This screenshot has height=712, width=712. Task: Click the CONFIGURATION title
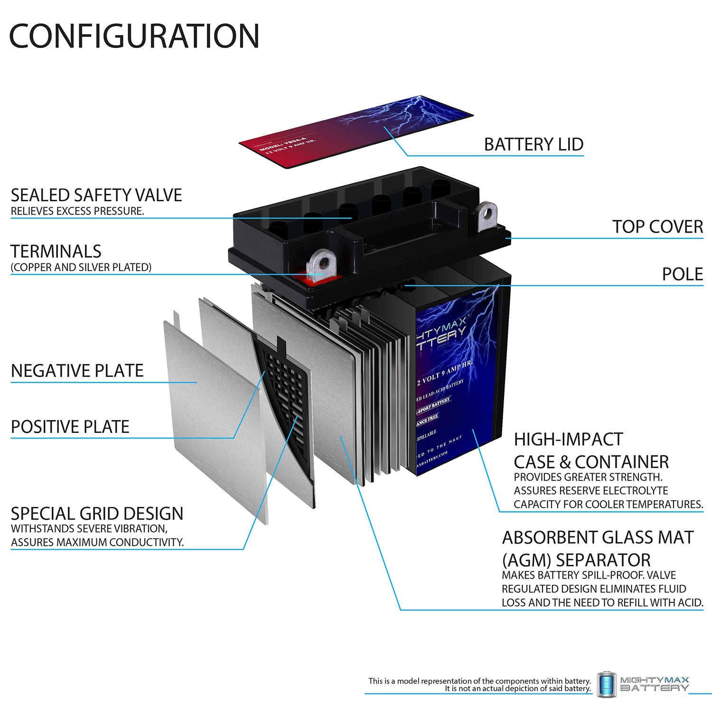tap(134, 37)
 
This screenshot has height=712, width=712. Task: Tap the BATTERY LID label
tap(534, 144)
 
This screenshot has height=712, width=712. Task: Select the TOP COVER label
tap(657, 227)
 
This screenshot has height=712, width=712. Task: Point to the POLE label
tap(682, 274)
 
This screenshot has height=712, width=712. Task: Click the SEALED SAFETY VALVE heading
tap(96, 195)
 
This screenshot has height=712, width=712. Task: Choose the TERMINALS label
tap(56, 251)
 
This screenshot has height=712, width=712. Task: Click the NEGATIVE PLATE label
tap(77, 371)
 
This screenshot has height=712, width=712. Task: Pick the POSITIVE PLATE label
tap(70, 427)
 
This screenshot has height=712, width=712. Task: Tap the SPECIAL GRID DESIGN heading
tap(97, 514)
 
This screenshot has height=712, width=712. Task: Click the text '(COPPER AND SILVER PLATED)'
tap(81, 267)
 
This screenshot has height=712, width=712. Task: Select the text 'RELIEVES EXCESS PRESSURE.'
tap(77, 211)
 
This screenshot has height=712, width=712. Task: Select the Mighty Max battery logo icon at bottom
tap(606, 684)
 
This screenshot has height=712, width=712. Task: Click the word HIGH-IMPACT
tap(568, 440)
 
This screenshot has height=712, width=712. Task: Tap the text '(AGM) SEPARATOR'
tap(576, 560)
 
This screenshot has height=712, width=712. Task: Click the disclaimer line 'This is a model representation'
tap(479, 681)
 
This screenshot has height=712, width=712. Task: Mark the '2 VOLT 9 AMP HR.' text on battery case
tap(444, 373)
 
